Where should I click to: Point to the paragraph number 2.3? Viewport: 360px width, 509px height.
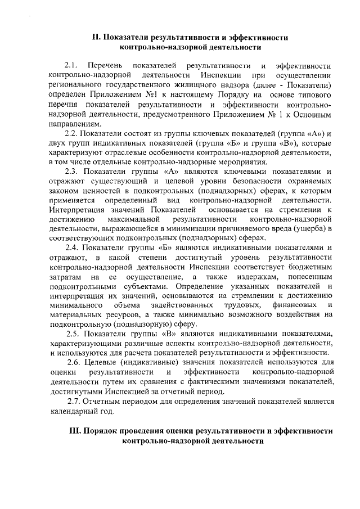click(x=71, y=171)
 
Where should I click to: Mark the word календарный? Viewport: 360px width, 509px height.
click(x=73, y=411)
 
